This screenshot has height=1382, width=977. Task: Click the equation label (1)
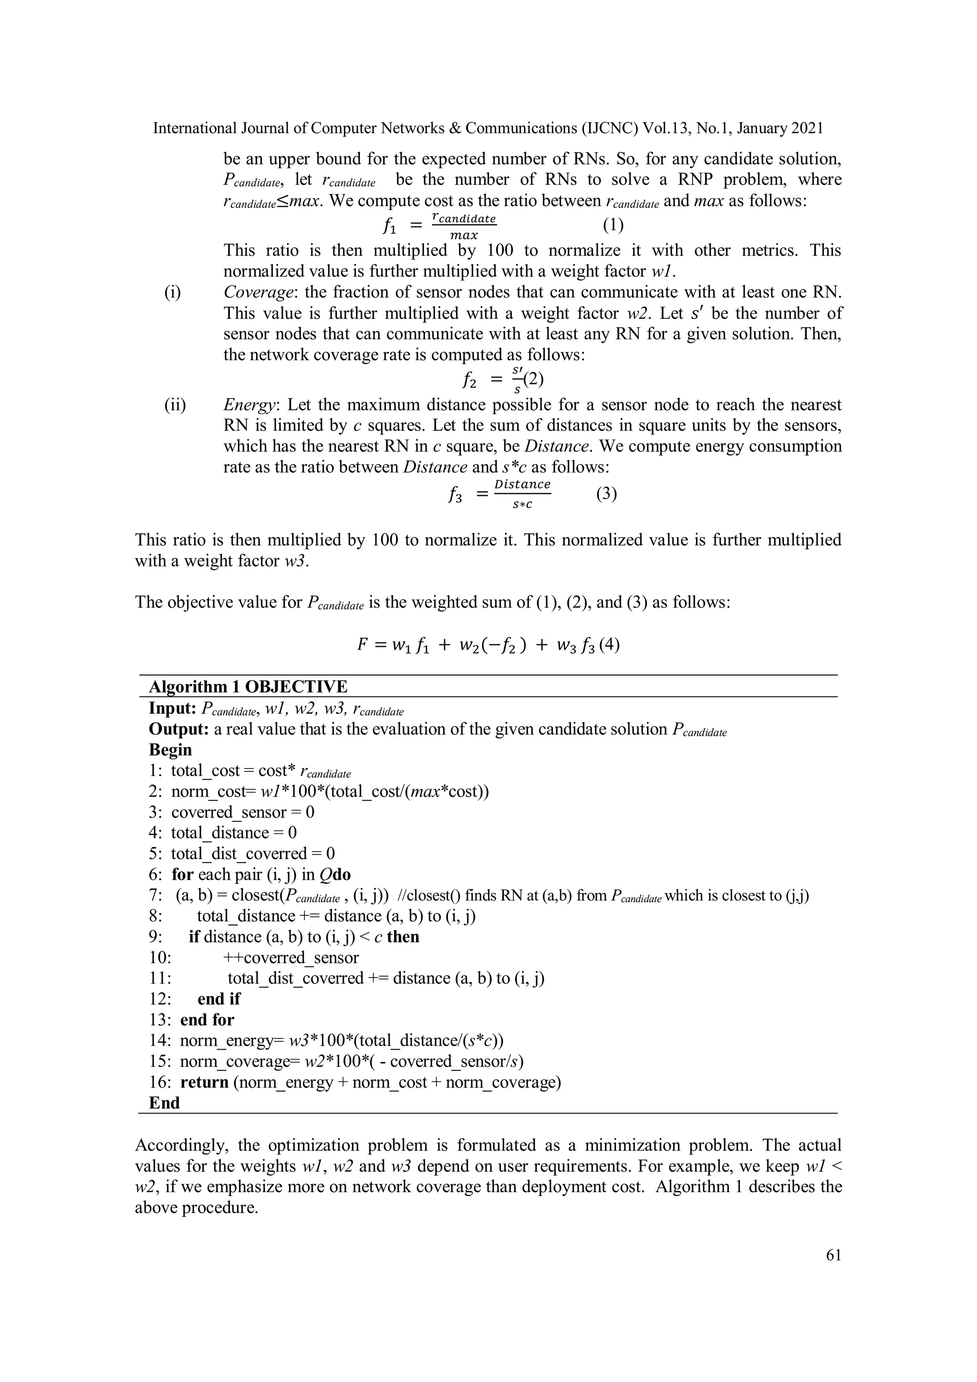tap(613, 225)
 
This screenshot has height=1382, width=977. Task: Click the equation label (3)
tap(606, 494)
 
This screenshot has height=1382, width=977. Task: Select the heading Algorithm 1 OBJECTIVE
tap(248, 687)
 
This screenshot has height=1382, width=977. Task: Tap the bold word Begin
tap(170, 750)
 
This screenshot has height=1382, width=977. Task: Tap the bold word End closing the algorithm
tap(164, 1103)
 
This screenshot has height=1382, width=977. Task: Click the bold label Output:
tap(179, 729)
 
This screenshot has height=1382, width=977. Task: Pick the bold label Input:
tap(173, 708)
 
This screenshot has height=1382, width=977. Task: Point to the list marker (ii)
tap(175, 405)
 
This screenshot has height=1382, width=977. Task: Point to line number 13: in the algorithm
tap(161, 1019)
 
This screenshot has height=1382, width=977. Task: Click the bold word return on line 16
tap(204, 1082)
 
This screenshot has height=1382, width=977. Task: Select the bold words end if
tap(218, 999)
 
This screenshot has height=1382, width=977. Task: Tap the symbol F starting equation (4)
tap(362, 645)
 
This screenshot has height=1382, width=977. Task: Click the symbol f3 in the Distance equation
tap(455, 495)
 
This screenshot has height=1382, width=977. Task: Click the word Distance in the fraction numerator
tap(522, 484)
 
